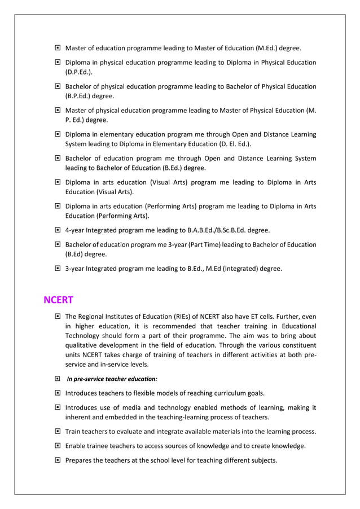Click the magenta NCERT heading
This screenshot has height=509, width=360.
click(x=59, y=300)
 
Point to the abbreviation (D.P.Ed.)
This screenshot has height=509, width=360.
click(x=79, y=72)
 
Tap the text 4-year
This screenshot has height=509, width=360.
click(x=76, y=230)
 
